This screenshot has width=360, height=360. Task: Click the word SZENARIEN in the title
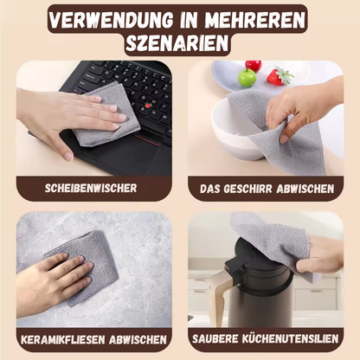pos(177,43)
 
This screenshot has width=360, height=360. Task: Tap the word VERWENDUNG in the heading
pos(111,20)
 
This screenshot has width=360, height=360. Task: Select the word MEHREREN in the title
pos(254,20)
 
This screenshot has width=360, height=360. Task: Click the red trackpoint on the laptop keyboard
pos(148,106)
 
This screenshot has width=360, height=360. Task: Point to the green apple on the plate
pos(247,77)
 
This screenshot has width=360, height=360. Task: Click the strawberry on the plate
pos(279,76)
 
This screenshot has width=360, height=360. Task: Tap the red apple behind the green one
pos(254,66)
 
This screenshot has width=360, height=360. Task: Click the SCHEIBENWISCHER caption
pos(91,188)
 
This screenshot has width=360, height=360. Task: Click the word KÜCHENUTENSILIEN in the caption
pos(290,338)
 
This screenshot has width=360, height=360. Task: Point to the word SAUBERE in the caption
pos(215,338)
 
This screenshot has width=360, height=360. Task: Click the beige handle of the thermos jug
pos(217,294)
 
